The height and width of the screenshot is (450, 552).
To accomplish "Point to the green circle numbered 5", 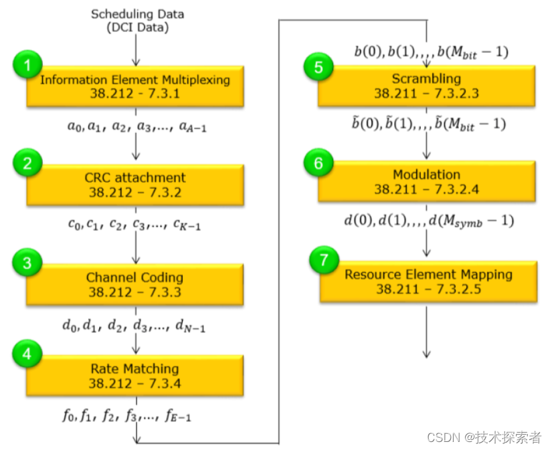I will pos(318,66).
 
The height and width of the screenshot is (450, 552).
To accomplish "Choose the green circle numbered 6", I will pos(318,162).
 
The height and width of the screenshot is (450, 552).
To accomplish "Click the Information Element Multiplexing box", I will pos(135,86).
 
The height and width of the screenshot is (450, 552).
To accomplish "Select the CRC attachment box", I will pos(135,185).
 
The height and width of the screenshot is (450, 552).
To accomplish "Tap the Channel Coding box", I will pos(135,284).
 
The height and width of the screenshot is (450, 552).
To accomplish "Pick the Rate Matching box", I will pos(135,376).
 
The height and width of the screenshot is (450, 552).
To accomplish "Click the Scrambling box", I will pos(427,86).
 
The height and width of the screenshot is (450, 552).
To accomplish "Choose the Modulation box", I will pos(427,182).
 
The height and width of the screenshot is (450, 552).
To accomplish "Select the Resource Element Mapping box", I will pos(428,281).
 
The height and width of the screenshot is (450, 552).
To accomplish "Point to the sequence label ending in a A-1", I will pos(135,126).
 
